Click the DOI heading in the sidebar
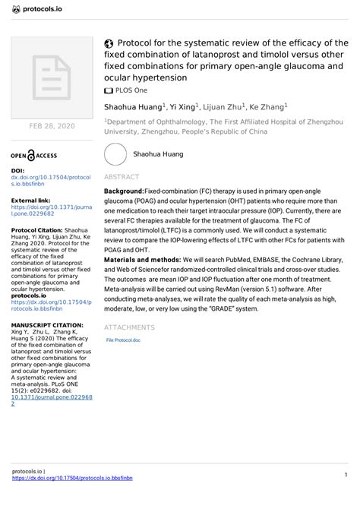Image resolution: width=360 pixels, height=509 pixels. pos(17,171)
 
